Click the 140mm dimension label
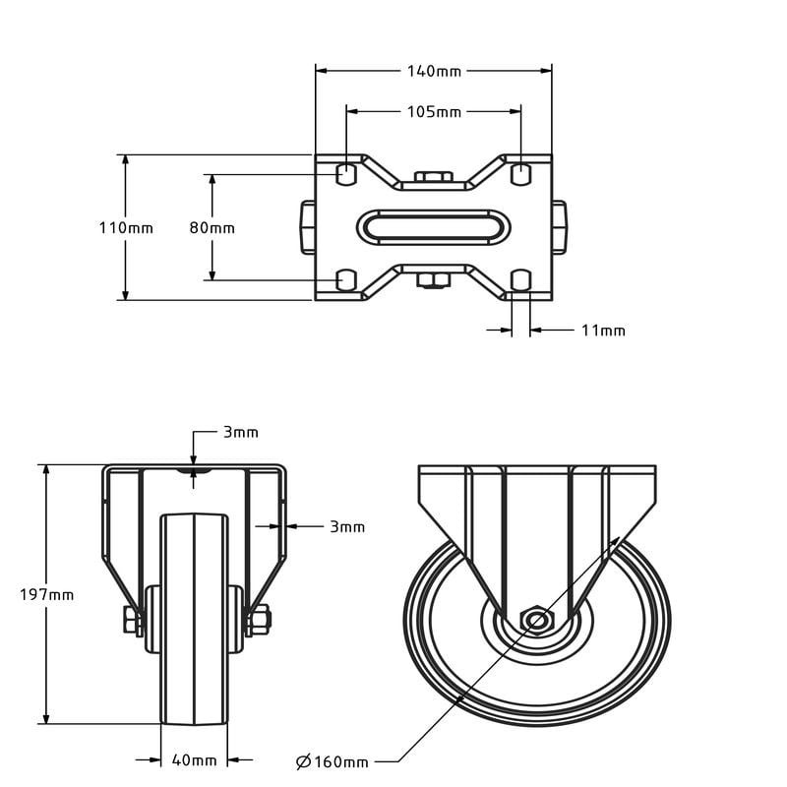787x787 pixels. pyautogui.click(x=434, y=70)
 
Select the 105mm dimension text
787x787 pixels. pyautogui.click(x=434, y=111)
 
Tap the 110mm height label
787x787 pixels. pyautogui.click(x=126, y=227)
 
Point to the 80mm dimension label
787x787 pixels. pyautogui.click(x=212, y=227)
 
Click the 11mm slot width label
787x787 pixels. pyautogui.click(x=603, y=331)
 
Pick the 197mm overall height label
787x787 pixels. pyautogui.click(x=47, y=594)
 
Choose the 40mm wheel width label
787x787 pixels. pyautogui.click(x=194, y=759)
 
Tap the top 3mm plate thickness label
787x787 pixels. pyautogui.click(x=240, y=432)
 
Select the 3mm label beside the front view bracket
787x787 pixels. pyautogui.click(x=346, y=527)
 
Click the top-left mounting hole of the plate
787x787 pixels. pyautogui.click(x=346, y=175)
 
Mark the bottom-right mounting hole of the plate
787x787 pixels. pyautogui.click(x=521, y=280)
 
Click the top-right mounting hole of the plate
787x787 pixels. pyautogui.click(x=521, y=175)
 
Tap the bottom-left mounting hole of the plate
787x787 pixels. pyautogui.click(x=346, y=280)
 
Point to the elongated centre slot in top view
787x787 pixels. pyautogui.click(x=434, y=227)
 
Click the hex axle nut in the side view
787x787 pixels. pyautogui.click(x=537, y=621)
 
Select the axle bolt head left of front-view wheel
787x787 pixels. pyautogui.click(x=132, y=620)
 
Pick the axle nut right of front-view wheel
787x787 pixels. pyautogui.click(x=260, y=620)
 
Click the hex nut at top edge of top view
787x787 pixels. pyautogui.click(x=434, y=178)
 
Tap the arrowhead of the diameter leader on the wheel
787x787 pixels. pyautogui.click(x=618, y=541)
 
